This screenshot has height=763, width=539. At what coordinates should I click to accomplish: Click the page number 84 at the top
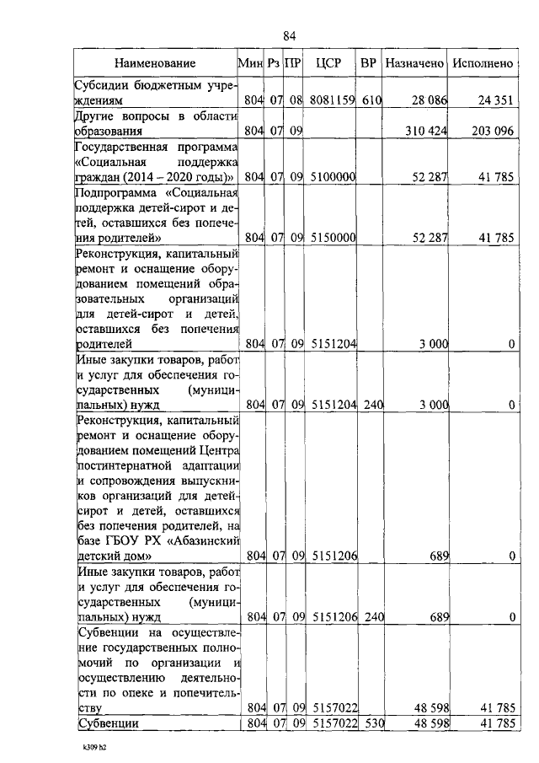point(290,35)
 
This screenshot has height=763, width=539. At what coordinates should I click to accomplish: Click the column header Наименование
point(155,63)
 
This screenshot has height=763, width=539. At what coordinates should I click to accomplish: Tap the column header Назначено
point(414,63)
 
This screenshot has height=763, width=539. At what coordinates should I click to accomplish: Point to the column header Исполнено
point(483,63)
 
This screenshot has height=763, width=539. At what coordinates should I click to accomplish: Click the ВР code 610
point(372,101)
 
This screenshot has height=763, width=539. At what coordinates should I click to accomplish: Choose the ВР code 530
point(371,723)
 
